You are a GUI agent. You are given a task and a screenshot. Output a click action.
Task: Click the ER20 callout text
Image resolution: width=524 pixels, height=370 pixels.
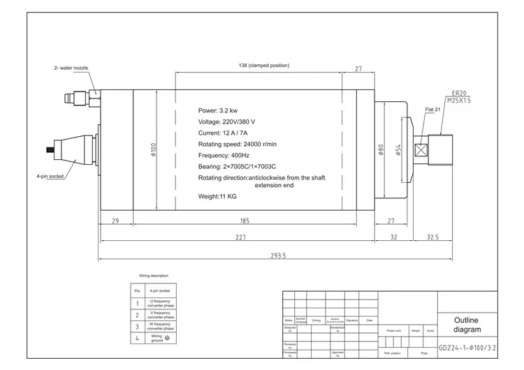coord(459,93)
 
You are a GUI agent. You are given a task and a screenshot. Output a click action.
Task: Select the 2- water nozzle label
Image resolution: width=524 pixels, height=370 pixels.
coord(71,68)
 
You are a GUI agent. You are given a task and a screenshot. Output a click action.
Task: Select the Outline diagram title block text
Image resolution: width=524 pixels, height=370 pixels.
coord(467,324)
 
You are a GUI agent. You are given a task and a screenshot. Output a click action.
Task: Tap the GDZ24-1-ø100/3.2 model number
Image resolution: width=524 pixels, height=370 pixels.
coord(468,346)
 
